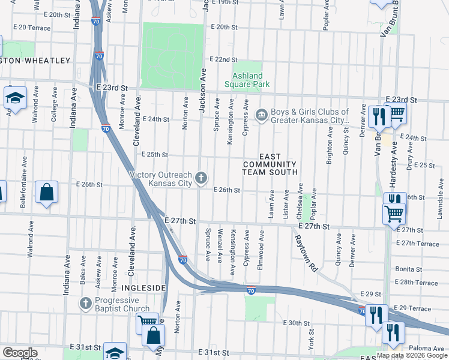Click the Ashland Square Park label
click(x=247, y=80)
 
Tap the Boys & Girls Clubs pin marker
click(x=261, y=114)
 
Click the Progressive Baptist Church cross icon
click(x=85, y=303)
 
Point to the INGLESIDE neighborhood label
click(x=144, y=288)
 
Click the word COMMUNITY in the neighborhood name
click(x=270, y=164)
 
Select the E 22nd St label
click(x=223, y=59)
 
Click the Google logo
click(x=19, y=353)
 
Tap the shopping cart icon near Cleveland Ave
click(x=146, y=322)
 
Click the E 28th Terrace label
click(x=417, y=282)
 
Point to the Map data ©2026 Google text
click(x=412, y=355)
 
